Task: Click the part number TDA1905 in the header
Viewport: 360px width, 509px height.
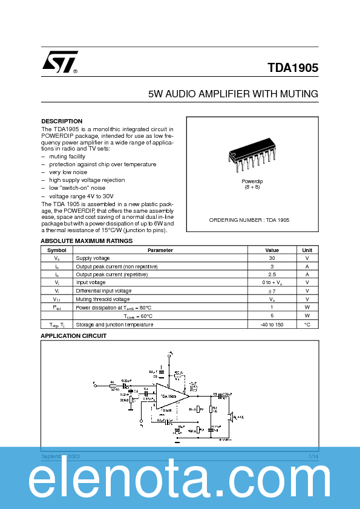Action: (293, 68)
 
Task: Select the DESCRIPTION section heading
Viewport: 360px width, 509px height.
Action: (62, 122)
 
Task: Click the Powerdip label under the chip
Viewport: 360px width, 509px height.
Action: (252, 181)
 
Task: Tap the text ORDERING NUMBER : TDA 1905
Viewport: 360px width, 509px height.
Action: (249, 220)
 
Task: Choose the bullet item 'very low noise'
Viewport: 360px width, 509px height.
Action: (68, 172)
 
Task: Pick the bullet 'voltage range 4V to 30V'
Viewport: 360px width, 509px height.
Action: (81, 196)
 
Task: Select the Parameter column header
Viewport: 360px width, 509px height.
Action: (160, 250)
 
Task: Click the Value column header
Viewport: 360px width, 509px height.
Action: (272, 250)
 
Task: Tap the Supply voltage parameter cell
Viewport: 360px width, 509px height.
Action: (93, 258)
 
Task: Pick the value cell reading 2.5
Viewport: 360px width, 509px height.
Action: (272, 274)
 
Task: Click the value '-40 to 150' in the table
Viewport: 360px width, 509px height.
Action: (272, 325)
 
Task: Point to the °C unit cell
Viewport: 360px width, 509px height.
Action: (307, 325)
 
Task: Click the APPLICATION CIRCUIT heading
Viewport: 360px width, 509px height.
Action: (73, 336)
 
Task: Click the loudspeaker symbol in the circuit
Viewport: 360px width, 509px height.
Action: (230, 417)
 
